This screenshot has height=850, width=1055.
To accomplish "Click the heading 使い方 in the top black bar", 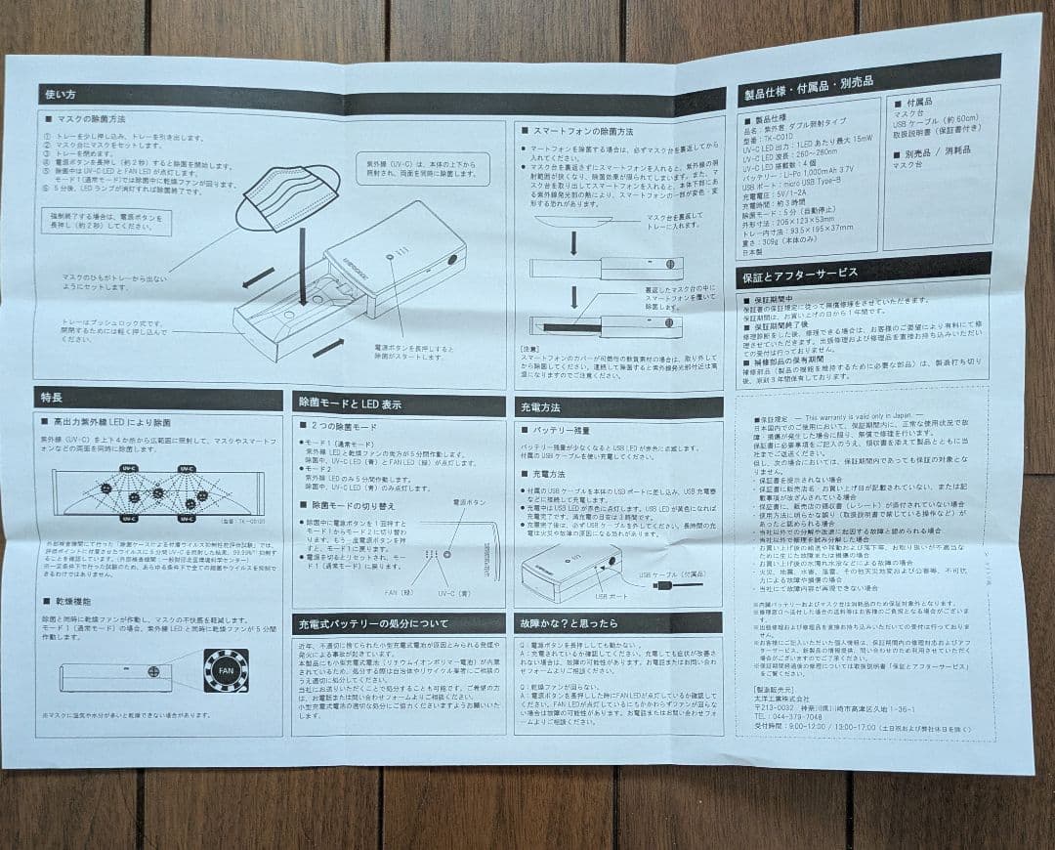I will [59, 95].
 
